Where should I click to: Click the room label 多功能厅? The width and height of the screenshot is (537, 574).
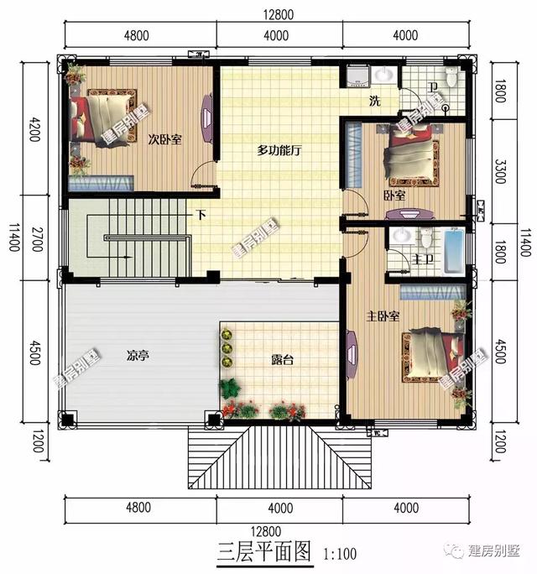pos(279,151)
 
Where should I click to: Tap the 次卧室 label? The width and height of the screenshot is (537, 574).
pos(165,139)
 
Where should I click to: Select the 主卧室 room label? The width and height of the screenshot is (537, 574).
pos(382,316)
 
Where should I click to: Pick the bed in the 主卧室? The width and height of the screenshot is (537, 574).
pos(433,357)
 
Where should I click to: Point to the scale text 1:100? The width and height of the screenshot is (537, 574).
pos(338,554)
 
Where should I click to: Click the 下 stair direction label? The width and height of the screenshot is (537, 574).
pos(201,214)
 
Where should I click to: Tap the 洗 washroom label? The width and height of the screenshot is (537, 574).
pos(376,102)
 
